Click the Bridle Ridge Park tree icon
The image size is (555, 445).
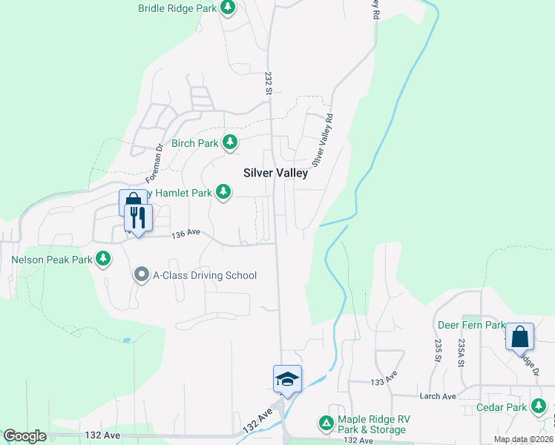(229, 8)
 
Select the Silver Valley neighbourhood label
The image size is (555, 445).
(274, 172)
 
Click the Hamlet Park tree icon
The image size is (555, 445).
(223, 193)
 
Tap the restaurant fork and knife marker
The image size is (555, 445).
(138, 218)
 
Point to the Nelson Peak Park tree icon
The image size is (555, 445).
(104, 260)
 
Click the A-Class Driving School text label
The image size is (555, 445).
(204, 275)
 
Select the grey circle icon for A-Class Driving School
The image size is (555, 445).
(141, 275)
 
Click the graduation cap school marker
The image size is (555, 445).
(287, 379)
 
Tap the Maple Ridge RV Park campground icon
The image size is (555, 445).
(326, 423)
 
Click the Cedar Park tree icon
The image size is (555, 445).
(539, 406)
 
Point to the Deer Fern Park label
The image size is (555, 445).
(471, 325)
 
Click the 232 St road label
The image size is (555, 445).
(269, 82)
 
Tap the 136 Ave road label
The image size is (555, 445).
(186, 234)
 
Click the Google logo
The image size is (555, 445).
(24, 436)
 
